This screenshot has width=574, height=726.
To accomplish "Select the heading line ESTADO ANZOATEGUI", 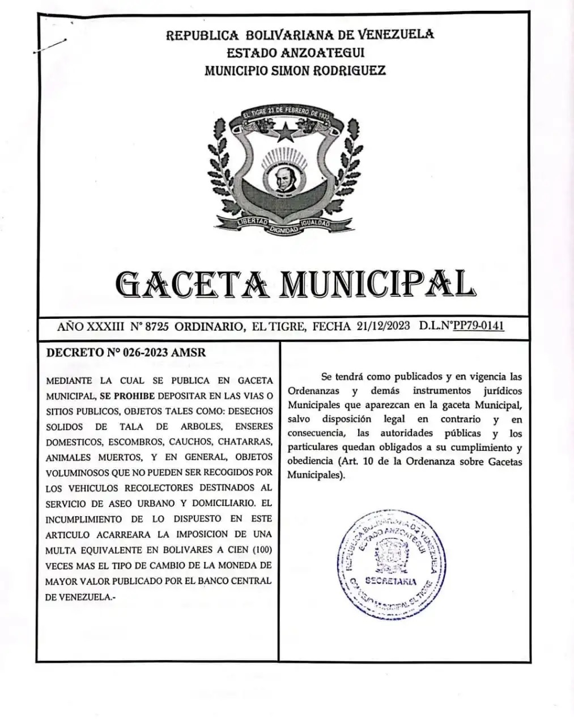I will pyautogui.click(x=295, y=53).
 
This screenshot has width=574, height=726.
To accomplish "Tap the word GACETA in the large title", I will pyautogui.click(x=192, y=284).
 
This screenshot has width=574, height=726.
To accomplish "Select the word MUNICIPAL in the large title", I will pyautogui.click(x=377, y=284).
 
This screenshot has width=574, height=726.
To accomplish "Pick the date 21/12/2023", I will pyautogui.click(x=384, y=326).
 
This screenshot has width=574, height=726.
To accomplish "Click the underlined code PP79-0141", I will pyautogui.click(x=479, y=326).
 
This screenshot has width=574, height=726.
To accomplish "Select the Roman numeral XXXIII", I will pyautogui.click(x=106, y=326).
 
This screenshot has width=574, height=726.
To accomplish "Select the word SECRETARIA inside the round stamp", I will pyautogui.click(x=391, y=581).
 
